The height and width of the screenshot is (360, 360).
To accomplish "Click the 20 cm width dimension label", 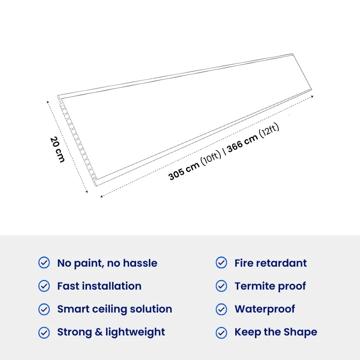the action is [57, 150].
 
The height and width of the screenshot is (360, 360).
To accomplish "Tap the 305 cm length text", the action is [184, 171].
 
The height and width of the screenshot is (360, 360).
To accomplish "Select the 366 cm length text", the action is [243, 143].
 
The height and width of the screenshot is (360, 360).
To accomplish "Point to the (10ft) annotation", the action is [211, 157].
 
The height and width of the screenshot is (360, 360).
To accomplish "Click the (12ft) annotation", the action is [269, 131].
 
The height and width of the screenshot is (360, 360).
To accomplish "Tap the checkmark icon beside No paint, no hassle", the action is [44, 262].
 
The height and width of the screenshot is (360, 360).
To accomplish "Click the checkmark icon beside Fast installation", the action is [44, 286].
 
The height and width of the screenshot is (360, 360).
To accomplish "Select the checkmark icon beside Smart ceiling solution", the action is [44, 309].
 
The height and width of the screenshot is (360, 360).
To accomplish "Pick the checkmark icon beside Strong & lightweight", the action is [44, 333].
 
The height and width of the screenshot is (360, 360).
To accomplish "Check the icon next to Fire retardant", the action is [221, 262].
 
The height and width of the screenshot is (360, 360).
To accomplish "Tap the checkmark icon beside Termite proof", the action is [221, 286].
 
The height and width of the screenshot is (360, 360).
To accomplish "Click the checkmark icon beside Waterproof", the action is [221, 309].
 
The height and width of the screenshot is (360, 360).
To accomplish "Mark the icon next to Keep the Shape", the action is [221, 333].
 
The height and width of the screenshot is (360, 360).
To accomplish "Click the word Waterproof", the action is [265, 309].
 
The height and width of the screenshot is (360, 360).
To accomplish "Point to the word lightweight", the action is [135, 332].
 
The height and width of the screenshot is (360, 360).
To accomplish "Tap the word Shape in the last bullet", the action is [300, 332].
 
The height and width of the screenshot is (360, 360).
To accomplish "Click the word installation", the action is [112, 286].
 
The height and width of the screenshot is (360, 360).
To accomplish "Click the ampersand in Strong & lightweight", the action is [99, 332].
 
